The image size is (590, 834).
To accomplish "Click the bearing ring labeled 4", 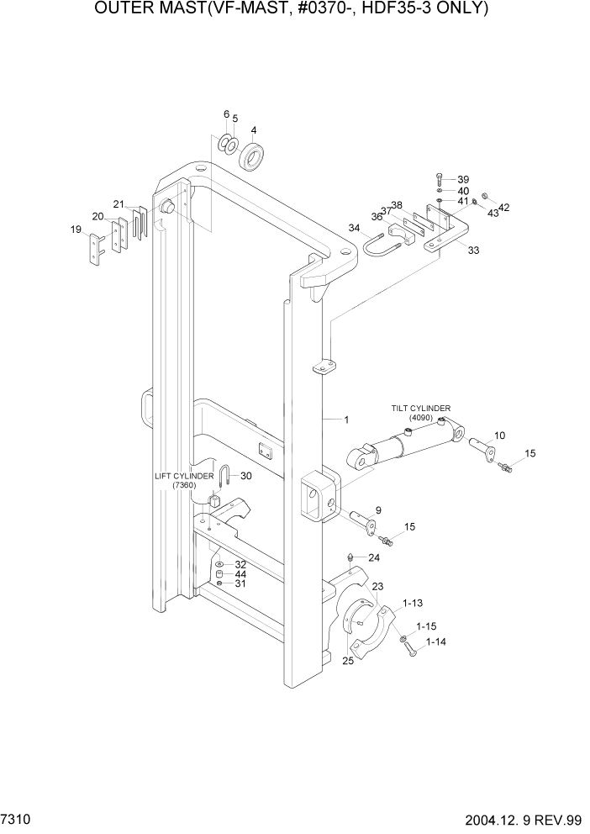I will (x=251, y=157).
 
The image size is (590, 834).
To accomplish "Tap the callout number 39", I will (x=462, y=179).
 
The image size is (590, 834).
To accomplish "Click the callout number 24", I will (x=374, y=557).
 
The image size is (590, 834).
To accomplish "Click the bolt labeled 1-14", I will (x=409, y=648).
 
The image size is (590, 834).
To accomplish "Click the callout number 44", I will (x=240, y=574).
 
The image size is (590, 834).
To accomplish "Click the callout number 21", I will (x=119, y=204).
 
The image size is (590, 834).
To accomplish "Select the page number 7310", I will (x=18, y=819).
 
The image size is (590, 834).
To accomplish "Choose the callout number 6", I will (x=226, y=114).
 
